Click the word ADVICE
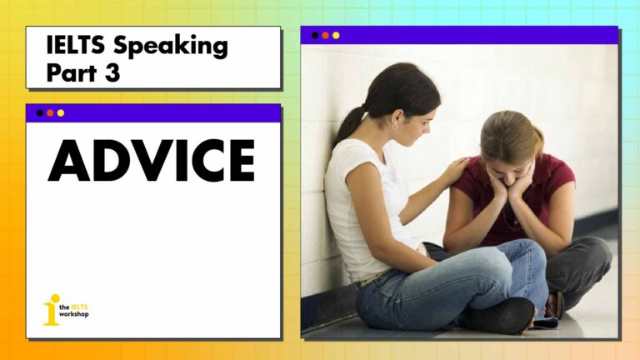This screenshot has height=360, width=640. [152, 160]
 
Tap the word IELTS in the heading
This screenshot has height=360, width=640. [76, 44]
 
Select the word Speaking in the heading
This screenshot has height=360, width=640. [171, 47]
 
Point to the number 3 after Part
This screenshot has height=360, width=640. [112, 73]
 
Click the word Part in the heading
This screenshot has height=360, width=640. [72, 73]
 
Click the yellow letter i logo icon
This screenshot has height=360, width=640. [52, 310]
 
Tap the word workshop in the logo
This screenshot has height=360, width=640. [74, 314]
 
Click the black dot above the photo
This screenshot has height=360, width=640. [315, 36]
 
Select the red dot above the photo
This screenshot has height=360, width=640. [325, 36]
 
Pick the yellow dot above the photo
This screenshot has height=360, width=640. [336, 36]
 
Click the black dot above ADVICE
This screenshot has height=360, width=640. [40, 113]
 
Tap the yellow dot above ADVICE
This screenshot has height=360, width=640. [61, 113]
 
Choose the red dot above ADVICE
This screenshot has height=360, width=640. [50, 113]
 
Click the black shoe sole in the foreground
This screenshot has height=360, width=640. [501, 316]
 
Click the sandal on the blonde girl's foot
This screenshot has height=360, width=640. [554, 304]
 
